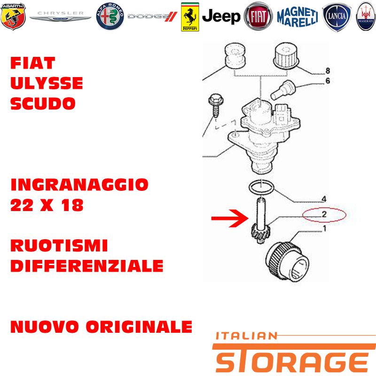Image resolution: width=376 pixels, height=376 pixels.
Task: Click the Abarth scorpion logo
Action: [13, 16]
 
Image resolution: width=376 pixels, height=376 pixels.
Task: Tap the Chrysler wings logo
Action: [61, 16]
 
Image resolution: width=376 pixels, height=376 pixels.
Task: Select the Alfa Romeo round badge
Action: [110, 16]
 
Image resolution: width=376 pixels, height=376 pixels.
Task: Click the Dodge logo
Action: [152, 16]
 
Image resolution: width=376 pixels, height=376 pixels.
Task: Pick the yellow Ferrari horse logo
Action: [190, 17]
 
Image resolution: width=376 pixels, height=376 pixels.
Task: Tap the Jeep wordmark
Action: [221, 17]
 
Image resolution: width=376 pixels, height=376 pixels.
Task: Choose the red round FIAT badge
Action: [258, 16]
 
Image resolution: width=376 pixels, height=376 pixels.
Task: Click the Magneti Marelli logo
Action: [298, 17]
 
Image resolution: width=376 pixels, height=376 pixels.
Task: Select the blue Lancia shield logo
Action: [337, 17]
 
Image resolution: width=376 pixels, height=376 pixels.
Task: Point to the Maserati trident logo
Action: [366, 16]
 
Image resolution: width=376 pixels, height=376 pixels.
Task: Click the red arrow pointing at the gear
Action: [230, 218]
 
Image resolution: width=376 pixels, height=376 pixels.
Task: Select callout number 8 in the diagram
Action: [328, 70]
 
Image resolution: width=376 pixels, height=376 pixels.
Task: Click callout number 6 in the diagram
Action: [328, 81]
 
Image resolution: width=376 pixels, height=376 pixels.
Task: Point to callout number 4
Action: [324, 199]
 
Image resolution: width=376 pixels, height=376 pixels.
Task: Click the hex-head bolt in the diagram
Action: [216, 105]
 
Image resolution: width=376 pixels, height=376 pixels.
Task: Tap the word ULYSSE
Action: [47, 83]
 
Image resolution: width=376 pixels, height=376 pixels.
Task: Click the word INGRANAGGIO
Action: [79, 185]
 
